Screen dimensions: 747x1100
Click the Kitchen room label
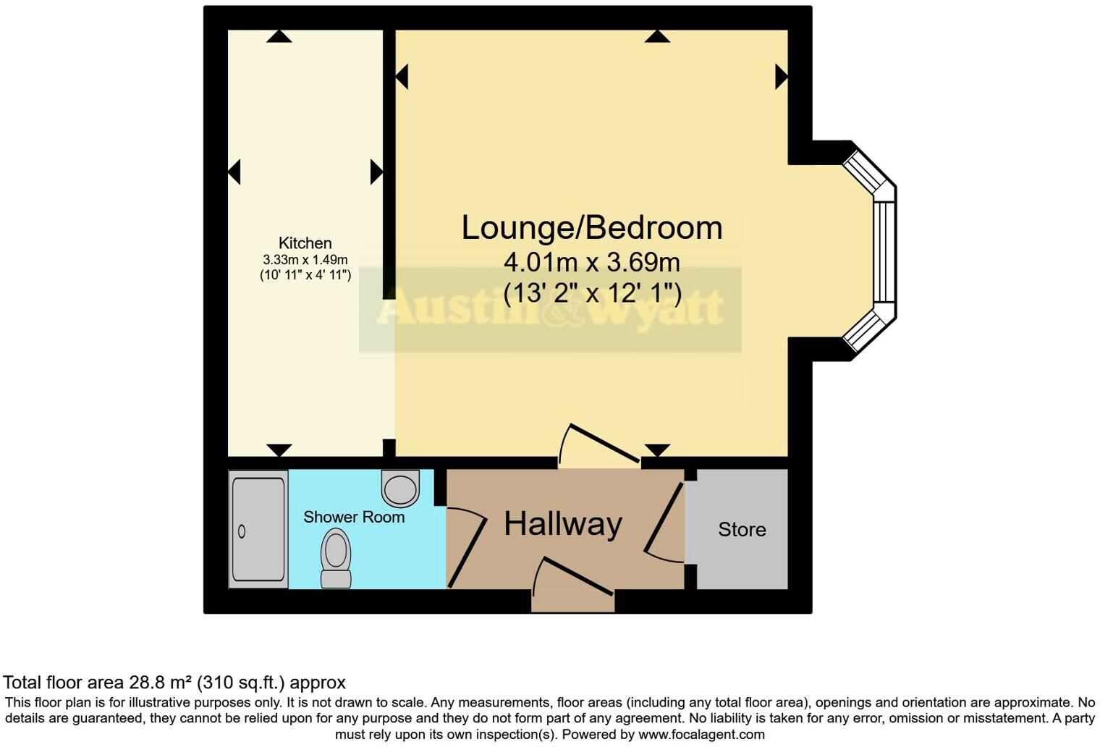pyautogui.click(x=305, y=243)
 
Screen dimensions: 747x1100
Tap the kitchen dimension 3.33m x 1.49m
pyautogui.click(x=305, y=259)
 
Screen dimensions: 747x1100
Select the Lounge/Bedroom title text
pyautogui.click(x=592, y=227)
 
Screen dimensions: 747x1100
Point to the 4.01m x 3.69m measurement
pyautogui.click(x=592, y=261)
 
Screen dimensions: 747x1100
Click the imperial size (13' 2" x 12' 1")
pyautogui.click(x=592, y=292)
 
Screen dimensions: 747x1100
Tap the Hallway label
pyautogui.click(x=562, y=523)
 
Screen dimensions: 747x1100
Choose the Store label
pyautogui.click(x=742, y=530)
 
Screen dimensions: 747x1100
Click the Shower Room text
pyautogui.click(x=353, y=517)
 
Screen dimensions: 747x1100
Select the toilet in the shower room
pyautogui.click(x=336, y=557)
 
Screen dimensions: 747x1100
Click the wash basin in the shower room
pyautogui.click(x=400, y=487)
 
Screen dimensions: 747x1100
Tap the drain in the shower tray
pyautogui.click(x=242, y=532)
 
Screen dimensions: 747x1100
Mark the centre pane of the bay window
pyautogui.click(x=885, y=251)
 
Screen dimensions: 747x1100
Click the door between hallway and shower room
pyautogui.click(x=466, y=546)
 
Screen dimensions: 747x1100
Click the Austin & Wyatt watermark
pyautogui.click(x=550, y=310)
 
